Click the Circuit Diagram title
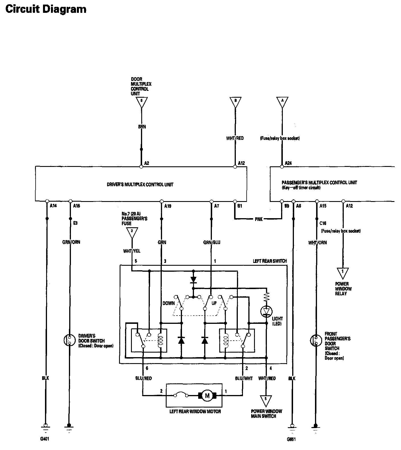[x=46, y=9]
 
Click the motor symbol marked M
[x=207, y=396]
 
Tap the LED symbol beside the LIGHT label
[x=266, y=311]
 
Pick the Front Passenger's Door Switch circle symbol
[x=316, y=340]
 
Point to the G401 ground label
[x=45, y=439]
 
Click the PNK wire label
[x=259, y=219]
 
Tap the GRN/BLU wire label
[x=212, y=242]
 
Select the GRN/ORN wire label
[x=71, y=242]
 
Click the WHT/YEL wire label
[x=132, y=251]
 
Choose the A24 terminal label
[x=288, y=163]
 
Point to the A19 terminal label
[x=168, y=206]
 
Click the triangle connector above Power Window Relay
[x=343, y=273]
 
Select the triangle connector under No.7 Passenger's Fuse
[x=132, y=232]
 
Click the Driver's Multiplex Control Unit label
[x=140, y=185]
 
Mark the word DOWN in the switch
[x=169, y=303]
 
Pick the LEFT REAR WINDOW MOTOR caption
[x=195, y=411]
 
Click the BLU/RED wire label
[x=144, y=378]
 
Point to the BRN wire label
[x=142, y=127]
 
